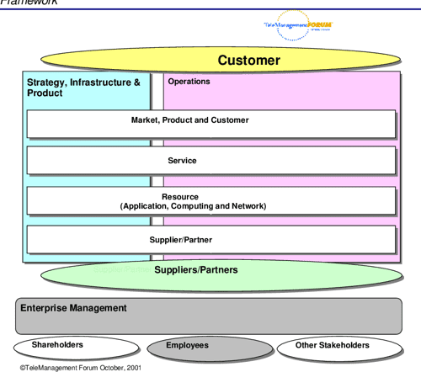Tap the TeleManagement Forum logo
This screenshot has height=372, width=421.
click(x=298, y=26)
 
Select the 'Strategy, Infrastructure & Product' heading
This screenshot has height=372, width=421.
click(x=83, y=88)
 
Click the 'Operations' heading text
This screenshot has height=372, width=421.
click(x=189, y=82)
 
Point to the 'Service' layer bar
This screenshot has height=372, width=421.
click(x=210, y=160)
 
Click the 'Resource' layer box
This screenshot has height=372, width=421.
click(x=210, y=200)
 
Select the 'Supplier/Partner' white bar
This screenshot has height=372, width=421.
click(x=210, y=240)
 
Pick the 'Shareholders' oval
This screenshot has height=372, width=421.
click(x=57, y=345)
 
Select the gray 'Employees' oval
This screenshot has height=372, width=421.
click(x=187, y=346)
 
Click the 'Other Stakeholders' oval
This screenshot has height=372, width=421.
click(x=333, y=345)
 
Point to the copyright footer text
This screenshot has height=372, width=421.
click(x=76, y=367)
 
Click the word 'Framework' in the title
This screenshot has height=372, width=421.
click(x=29, y=3)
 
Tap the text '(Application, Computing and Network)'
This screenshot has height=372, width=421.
click(x=193, y=206)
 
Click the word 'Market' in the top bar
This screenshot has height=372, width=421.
click(x=146, y=120)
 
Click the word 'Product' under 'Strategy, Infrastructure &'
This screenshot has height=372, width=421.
click(x=45, y=93)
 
